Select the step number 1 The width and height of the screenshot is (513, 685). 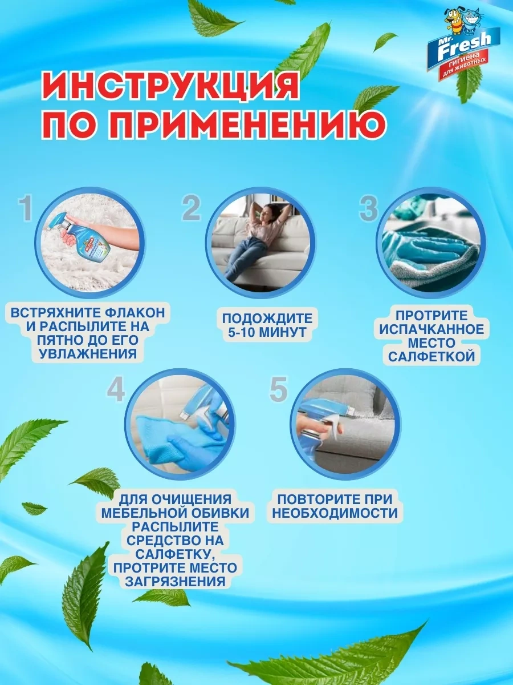[26, 209]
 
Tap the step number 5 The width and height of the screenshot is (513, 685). [278, 390]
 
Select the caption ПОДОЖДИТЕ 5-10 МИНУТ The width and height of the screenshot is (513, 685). [267, 325]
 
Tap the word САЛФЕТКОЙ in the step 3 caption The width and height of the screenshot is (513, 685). [431, 356]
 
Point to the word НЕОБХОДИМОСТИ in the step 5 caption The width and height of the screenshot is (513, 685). [335, 513]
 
